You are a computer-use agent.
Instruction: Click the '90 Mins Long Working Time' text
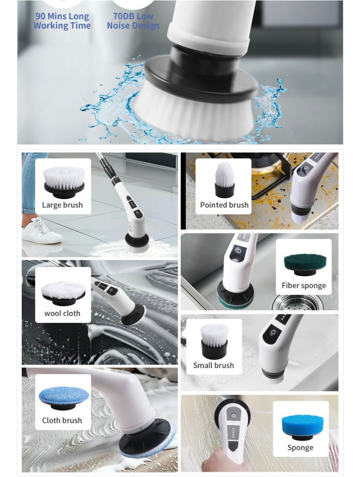coord(62,21)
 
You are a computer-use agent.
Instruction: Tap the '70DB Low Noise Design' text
coord(133,21)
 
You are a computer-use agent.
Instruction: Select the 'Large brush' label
coord(62,205)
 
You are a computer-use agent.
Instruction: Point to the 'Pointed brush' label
coord(224,205)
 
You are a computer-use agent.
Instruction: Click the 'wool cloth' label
coord(62,313)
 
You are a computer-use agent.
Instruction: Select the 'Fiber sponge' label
coord(303,285)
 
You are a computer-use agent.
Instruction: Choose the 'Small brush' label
coord(213,365)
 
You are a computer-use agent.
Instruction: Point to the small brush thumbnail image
coord(214,341)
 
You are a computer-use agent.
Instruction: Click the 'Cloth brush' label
coord(62,420)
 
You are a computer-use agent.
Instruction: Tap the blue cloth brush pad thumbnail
coord(63,397)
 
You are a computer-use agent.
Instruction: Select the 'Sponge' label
coord(300,447)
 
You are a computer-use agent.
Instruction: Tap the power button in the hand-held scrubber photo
coord(233,415)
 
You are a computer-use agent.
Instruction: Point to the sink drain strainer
coord(296,303)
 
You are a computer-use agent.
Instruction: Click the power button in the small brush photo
coord(273,332)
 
